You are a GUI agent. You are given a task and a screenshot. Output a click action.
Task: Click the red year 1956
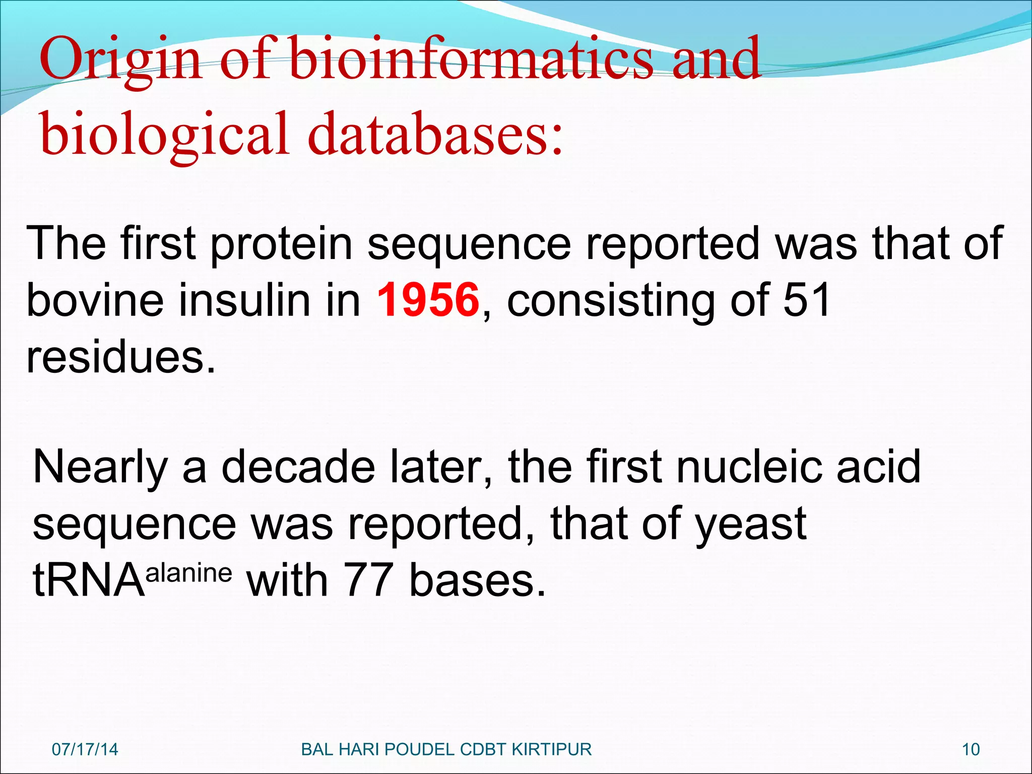tap(428, 300)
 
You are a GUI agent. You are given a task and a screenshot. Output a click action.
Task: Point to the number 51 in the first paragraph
tap(807, 300)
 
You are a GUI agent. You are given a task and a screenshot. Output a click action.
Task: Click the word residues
tap(121, 357)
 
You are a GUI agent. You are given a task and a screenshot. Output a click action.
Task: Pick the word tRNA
tap(89, 581)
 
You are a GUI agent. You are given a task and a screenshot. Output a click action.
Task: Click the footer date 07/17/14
tap(85, 749)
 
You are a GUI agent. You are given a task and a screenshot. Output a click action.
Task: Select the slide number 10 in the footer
tap(971, 749)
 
